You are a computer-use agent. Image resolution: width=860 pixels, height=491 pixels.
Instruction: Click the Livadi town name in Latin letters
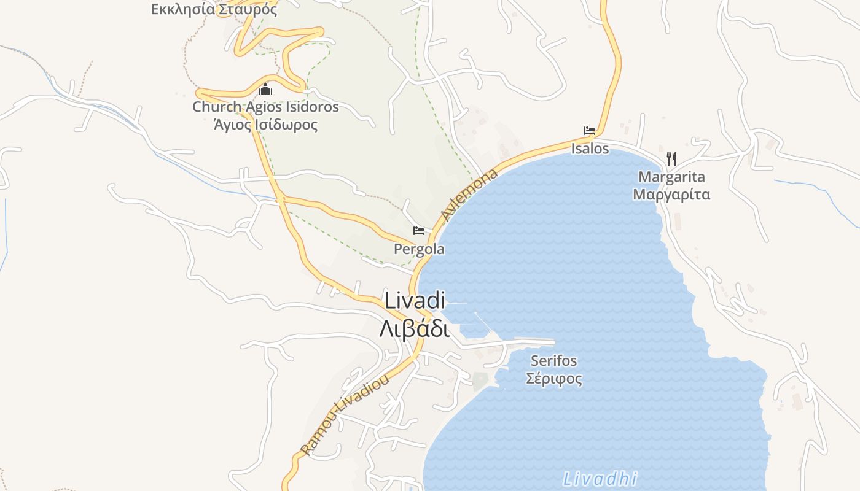(415, 301)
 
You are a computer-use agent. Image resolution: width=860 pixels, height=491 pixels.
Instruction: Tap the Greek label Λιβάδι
(415, 329)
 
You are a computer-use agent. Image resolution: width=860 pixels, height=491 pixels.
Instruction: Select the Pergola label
(419, 250)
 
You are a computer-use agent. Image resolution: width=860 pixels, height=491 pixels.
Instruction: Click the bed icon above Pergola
(419, 231)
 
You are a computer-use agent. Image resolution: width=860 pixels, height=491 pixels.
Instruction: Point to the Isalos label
(590, 149)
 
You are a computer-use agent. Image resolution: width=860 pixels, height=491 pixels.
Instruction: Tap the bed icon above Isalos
(590, 131)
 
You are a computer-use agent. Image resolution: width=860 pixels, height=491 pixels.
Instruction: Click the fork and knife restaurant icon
(671, 159)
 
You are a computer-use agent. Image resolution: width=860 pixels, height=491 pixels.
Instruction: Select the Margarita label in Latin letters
(671, 177)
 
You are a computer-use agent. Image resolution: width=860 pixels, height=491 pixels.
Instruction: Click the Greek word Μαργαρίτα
(671, 195)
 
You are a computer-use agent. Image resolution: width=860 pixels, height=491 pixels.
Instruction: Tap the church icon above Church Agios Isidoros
(265, 89)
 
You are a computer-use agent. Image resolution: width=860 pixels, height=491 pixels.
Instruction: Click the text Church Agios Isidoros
(265, 107)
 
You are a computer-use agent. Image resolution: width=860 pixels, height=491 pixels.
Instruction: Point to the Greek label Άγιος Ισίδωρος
(265, 125)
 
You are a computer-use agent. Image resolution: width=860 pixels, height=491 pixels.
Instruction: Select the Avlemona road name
(469, 196)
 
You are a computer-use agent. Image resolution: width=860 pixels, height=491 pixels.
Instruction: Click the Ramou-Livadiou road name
(345, 415)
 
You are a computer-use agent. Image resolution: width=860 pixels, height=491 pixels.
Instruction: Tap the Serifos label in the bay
(554, 360)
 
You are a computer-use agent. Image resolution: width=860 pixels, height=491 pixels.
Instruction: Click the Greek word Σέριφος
(554, 378)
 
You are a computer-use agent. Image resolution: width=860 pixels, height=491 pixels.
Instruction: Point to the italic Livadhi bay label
(600, 479)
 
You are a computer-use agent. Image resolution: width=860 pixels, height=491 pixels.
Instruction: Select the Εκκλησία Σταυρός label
(214, 9)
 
